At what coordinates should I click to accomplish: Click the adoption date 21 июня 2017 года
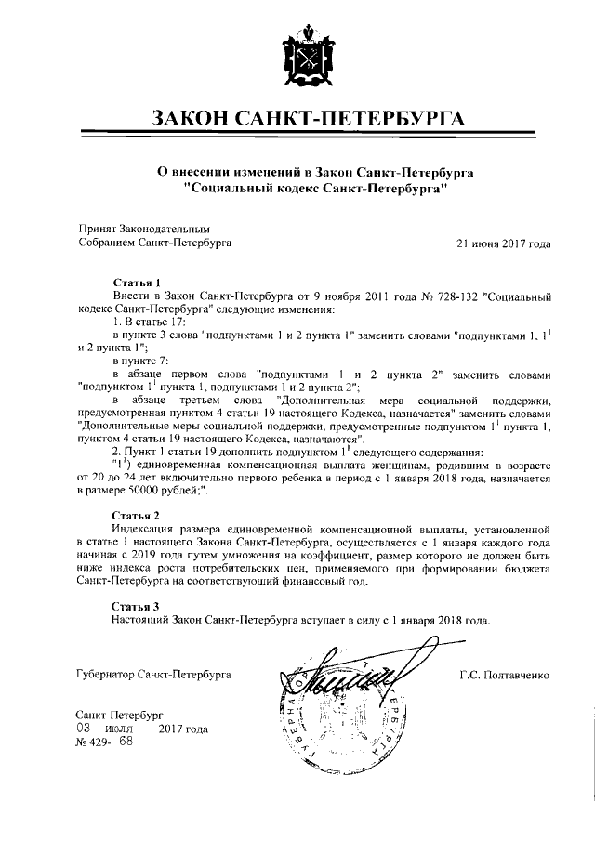click(x=503, y=243)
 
